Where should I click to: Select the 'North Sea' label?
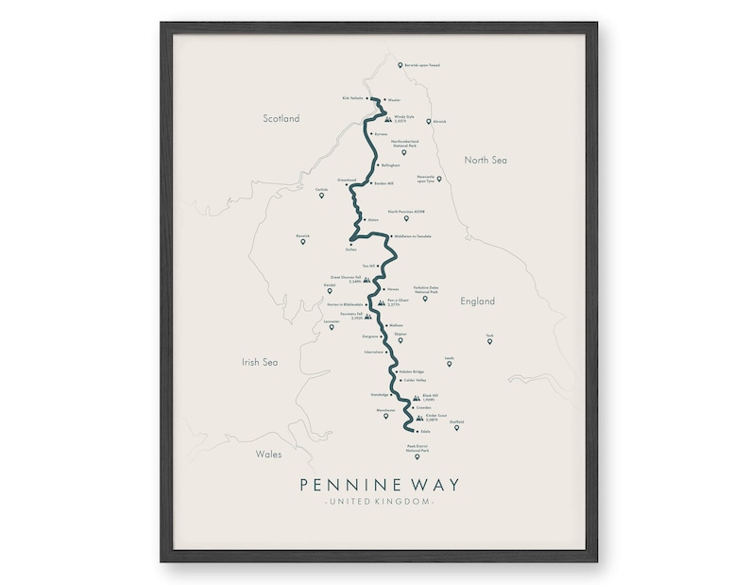pos(486,161)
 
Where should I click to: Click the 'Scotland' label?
pos(281,119)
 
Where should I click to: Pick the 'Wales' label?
pos(268,455)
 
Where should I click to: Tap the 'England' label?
pos(477,302)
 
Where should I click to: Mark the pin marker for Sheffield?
pos(456,428)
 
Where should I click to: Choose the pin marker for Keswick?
pos(302,242)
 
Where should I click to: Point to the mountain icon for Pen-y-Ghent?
pos(381,303)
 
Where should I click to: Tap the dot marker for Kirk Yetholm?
pos(367,97)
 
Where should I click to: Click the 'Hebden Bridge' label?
pos(399,371)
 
